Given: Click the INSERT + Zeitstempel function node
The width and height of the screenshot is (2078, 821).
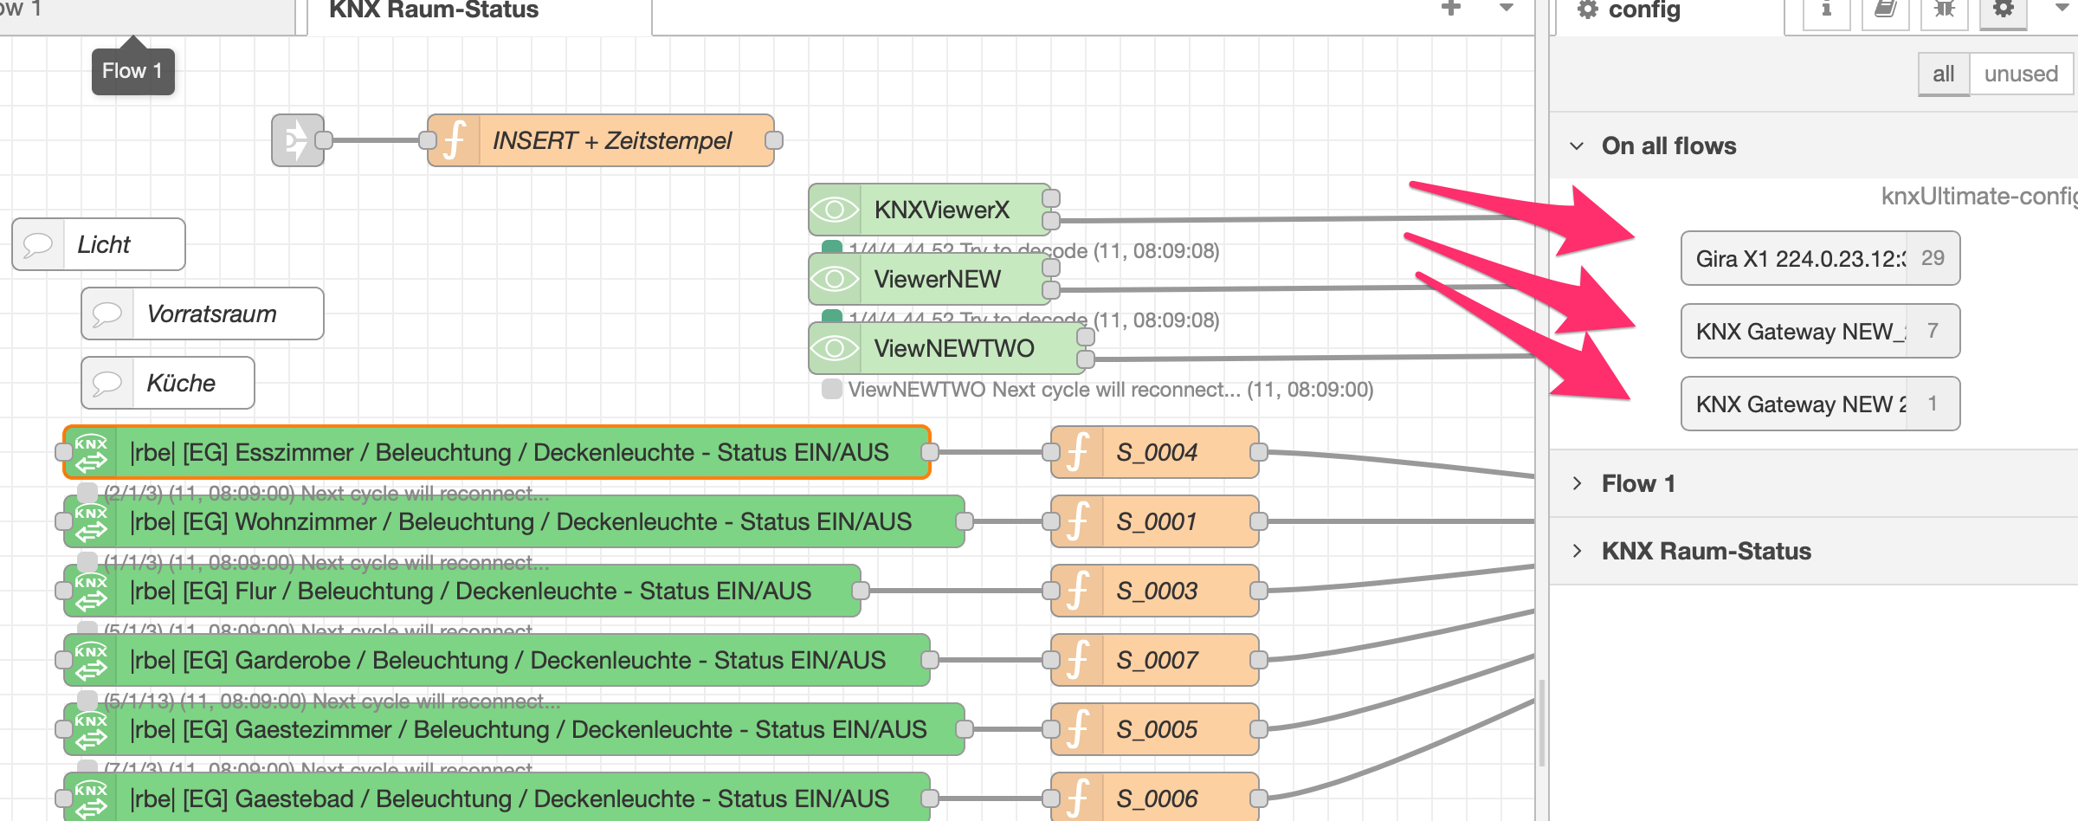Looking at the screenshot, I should pos(610,140).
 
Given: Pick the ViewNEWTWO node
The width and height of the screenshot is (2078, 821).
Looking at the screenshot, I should pos(952,348).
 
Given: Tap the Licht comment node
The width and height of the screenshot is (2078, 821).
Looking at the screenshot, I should pos(104,244).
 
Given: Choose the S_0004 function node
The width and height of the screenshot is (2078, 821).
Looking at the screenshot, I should pos(1156,452).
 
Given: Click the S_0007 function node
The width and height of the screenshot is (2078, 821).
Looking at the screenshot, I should pos(1156,660).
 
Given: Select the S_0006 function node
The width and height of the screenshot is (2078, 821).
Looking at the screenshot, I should pos(1156,798).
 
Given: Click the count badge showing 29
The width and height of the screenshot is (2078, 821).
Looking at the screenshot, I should pos(1933,258).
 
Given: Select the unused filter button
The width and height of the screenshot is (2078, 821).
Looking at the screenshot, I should pos(2021,74).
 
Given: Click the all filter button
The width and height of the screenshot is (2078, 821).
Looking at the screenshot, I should pos(1944,74).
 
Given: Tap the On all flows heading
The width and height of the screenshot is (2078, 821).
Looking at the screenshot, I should pos(1668,145).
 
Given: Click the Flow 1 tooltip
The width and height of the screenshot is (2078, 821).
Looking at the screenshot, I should pos(132,71).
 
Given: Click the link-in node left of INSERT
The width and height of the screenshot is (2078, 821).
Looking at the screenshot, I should pos(297,140).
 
